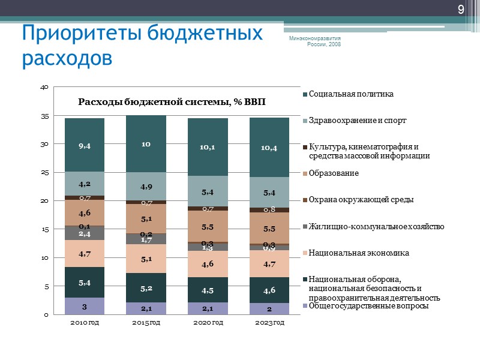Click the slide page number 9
pos(461,9)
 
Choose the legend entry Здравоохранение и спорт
pos(358,121)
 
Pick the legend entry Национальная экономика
pos(359,253)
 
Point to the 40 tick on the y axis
pos(44,88)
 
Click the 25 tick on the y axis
pos(44,173)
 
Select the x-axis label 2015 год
pos(146,323)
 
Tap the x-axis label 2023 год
pos(269,323)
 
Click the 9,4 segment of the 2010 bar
pos(85,145)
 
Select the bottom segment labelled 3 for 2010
pos(85,307)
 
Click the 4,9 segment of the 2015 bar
pos(146,187)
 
